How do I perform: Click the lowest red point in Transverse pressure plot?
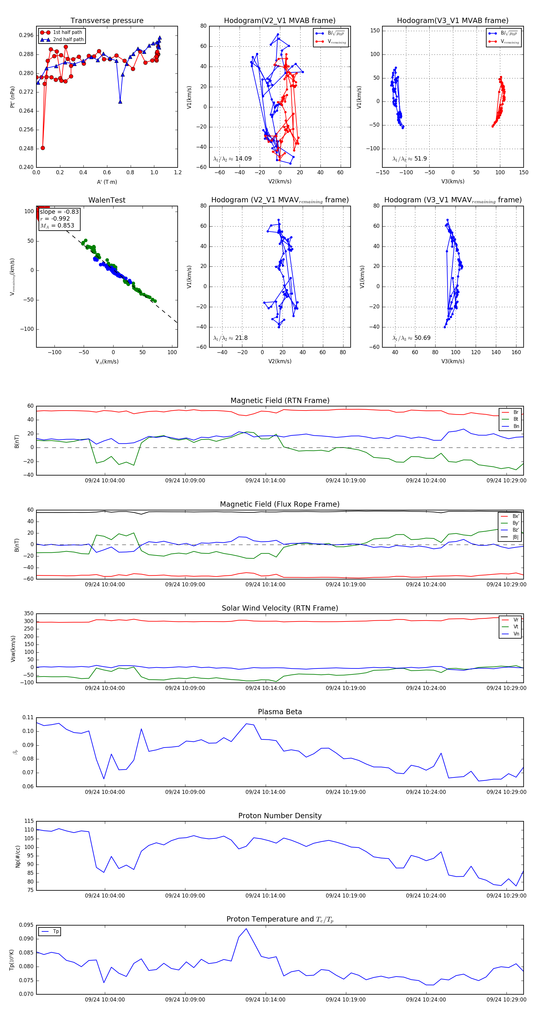pyautogui.click(x=43, y=148)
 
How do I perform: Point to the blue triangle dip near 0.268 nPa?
pyautogui.click(x=120, y=102)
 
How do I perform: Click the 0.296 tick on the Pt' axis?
pyautogui.click(x=26, y=35)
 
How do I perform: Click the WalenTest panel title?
pyautogui.click(x=107, y=200)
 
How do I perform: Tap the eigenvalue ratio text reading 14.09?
pyautogui.click(x=232, y=159)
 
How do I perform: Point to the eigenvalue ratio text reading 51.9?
pyautogui.click(x=409, y=159)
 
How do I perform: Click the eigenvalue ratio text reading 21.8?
pyautogui.click(x=230, y=338)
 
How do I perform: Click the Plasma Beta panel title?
pyautogui.click(x=280, y=712)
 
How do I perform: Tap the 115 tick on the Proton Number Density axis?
pyautogui.click(x=29, y=821)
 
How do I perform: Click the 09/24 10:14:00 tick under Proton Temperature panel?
pyautogui.click(x=265, y=1000)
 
